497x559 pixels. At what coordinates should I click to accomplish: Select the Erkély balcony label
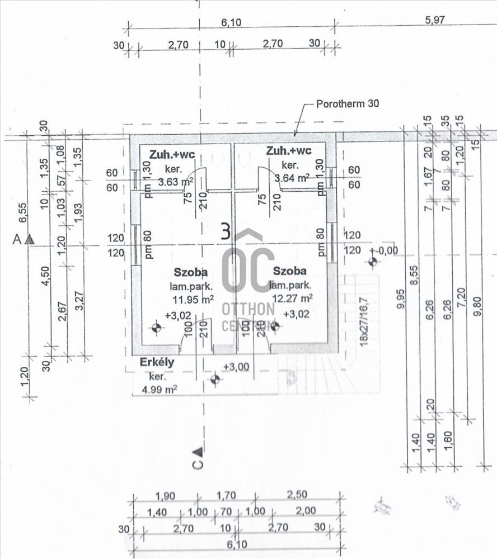click(x=157, y=362)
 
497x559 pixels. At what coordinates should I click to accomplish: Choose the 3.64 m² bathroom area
click(x=292, y=178)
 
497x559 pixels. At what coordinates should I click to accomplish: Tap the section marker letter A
click(x=17, y=239)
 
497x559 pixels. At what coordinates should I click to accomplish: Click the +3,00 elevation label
click(x=236, y=366)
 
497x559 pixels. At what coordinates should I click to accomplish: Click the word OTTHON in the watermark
click(x=248, y=309)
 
